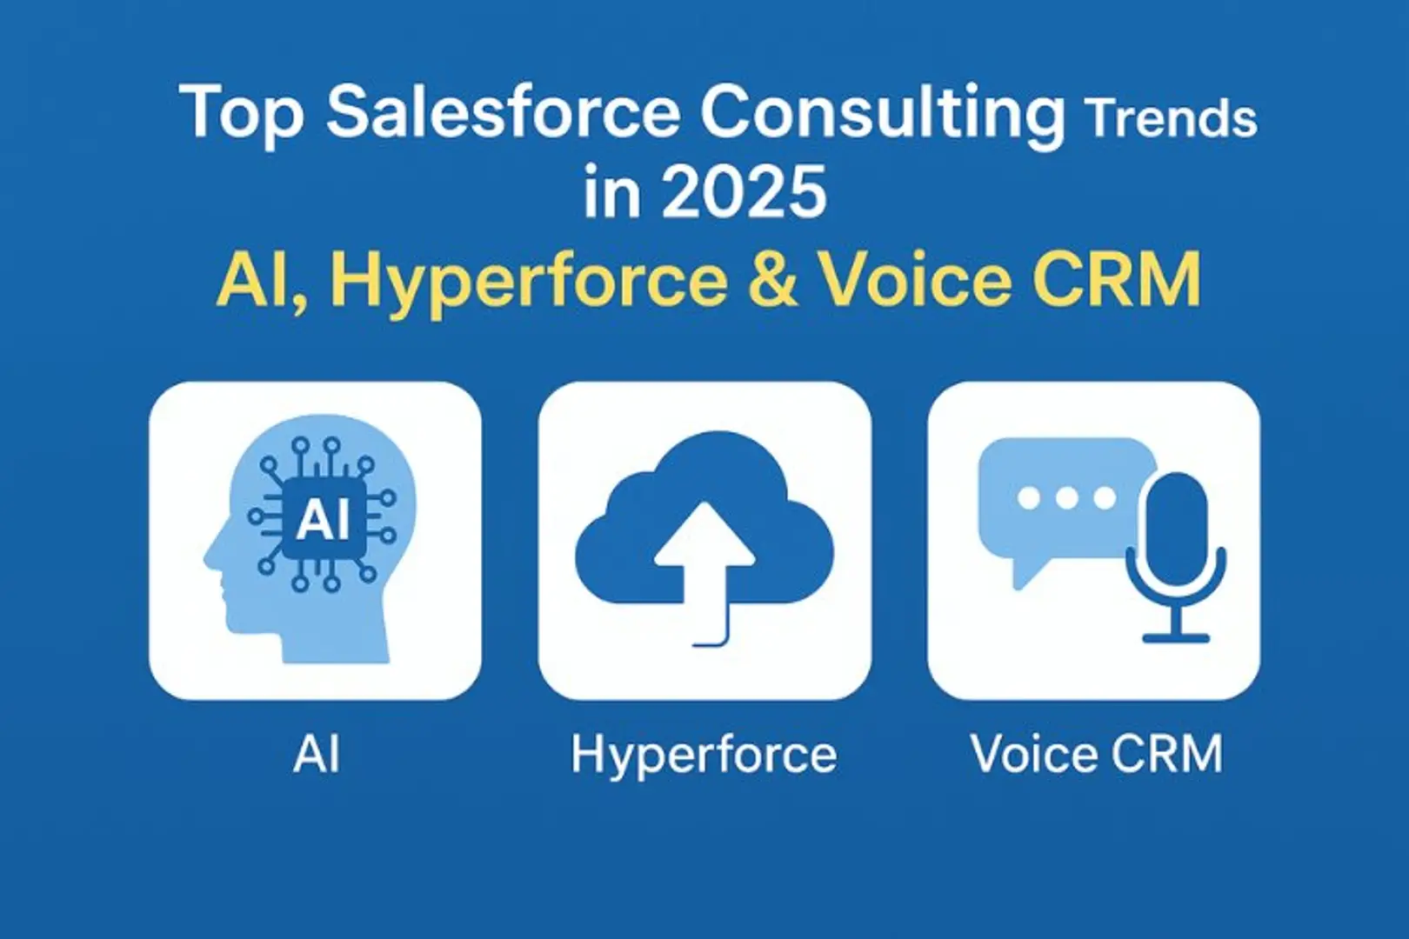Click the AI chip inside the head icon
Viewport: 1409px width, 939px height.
pyautogui.click(x=324, y=520)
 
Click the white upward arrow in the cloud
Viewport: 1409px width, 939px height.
pyautogui.click(x=704, y=571)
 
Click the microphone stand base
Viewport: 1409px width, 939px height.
pyautogui.click(x=1176, y=639)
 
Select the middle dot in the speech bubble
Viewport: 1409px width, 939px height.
pyautogui.click(x=1067, y=499)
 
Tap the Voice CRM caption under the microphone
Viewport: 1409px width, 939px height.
pyautogui.click(x=1097, y=753)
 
